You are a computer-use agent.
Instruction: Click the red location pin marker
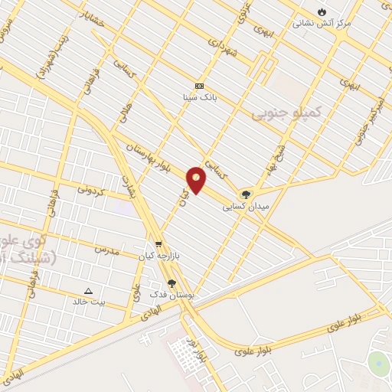pyautogui.click(x=196, y=180)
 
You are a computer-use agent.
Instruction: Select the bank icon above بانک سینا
pyautogui.click(x=200, y=86)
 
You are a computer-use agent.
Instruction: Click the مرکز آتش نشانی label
pyautogui.click(x=322, y=23)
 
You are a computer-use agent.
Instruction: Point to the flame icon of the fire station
pyautogui.click(x=322, y=11)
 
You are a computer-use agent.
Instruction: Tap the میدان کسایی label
pyautogui.click(x=246, y=207)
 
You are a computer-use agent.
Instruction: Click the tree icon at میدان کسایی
pyautogui.click(x=246, y=194)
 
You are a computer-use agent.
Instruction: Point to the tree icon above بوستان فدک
pyautogui.click(x=171, y=283)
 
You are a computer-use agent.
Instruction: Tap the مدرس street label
pyautogui.click(x=107, y=250)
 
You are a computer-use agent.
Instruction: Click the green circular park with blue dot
pyautogui.click(x=378, y=364)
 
